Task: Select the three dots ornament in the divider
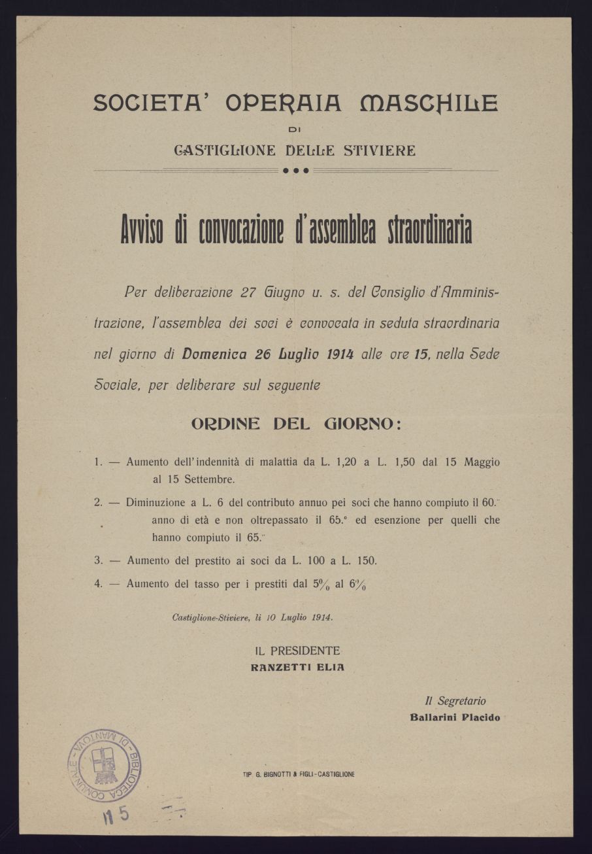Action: click(295, 171)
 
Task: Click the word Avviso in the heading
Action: click(142, 231)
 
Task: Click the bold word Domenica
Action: click(214, 354)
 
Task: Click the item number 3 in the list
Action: click(98, 560)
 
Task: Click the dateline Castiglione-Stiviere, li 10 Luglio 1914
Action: click(252, 617)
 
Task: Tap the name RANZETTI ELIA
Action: click(297, 668)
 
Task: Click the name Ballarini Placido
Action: click(455, 717)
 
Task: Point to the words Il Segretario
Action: click(455, 700)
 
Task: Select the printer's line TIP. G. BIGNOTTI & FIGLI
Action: click(298, 774)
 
